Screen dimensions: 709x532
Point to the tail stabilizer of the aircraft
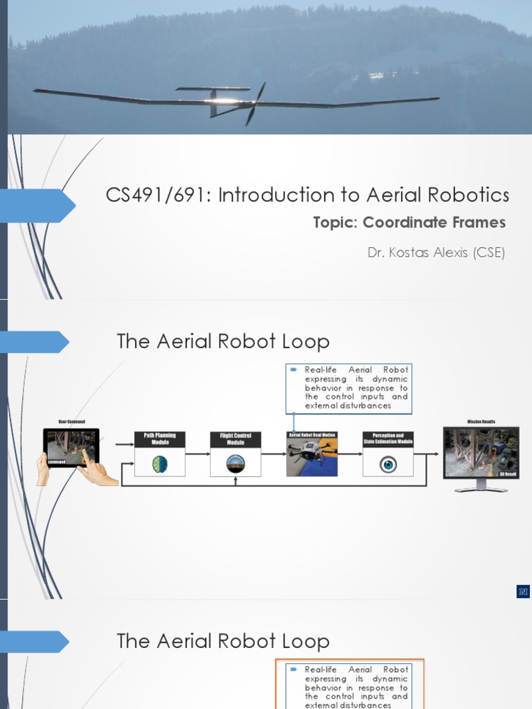pyautogui.click(x=213, y=89)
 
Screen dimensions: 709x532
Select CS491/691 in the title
pyautogui.click(x=158, y=195)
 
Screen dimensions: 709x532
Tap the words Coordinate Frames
pyautogui.click(x=434, y=222)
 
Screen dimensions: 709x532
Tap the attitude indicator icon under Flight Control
pyautogui.click(x=236, y=464)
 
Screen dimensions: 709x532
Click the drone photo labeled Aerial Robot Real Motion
pyautogui.click(x=312, y=458)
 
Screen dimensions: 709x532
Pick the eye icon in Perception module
pyautogui.click(x=388, y=464)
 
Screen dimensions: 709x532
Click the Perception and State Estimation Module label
pyautogui.click(x=388, y=439)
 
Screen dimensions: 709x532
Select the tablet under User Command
pyautogui.click(x=71, y=447)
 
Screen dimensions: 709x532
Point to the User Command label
pyautogui.click(x=71, y=422)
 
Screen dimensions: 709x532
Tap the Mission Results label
pyautogui.click(x=481, y=421)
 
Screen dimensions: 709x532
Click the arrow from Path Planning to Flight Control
pyautogui.click(x=197, y=454)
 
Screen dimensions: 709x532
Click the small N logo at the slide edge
pyautogui.click(x=523, y=591)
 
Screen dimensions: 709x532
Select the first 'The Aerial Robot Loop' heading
pyautogui.click(x=223, y=341)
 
